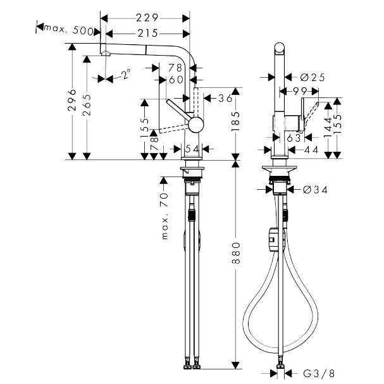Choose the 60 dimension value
tap(175, 80)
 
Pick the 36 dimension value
tap(224, 98)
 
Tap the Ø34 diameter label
tap(314, 189)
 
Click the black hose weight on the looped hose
tap(273, 237)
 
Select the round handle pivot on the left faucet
tap(195, 123)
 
